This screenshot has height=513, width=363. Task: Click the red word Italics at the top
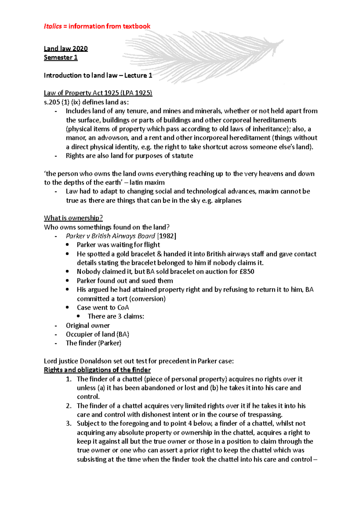[x=53, y=26]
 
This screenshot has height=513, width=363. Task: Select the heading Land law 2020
[x=66, y=49]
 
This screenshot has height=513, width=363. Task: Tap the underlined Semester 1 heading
[x=60, y=57]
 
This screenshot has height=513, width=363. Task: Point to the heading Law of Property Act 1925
[x=98, y=93]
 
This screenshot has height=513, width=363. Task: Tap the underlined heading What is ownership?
[x=73, y=218]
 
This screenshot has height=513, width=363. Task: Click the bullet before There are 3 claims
[x=78, y=316]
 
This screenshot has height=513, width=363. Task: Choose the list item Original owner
[x=88, y=326]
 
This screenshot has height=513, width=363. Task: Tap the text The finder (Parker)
[x=93, y=343]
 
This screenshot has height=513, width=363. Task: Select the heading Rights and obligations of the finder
[x=97, y=370]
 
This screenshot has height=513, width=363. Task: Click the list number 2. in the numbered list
[x=69, y=406]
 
